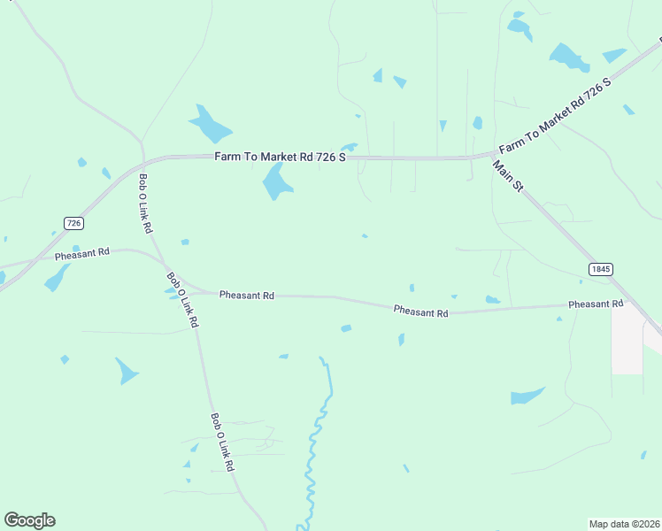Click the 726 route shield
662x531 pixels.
click(73, 223)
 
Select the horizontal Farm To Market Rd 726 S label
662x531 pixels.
click(280, 157)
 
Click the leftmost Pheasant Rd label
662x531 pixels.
click(81, 253)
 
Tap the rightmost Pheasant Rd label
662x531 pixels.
click(596, 304)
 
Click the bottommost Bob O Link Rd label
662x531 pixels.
click(222, 441)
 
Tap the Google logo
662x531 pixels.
click(29, 520)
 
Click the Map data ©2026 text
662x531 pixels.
click(624, 523)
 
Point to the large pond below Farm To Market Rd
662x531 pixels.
click(276, 181)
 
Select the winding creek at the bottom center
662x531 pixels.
click(315, 442)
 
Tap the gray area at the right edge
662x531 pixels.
click(627, 341)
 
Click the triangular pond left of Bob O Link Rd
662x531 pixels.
click(127, 369)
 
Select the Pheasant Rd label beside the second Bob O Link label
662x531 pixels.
click(246, 295)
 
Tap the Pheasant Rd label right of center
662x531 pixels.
click(420, 311)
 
